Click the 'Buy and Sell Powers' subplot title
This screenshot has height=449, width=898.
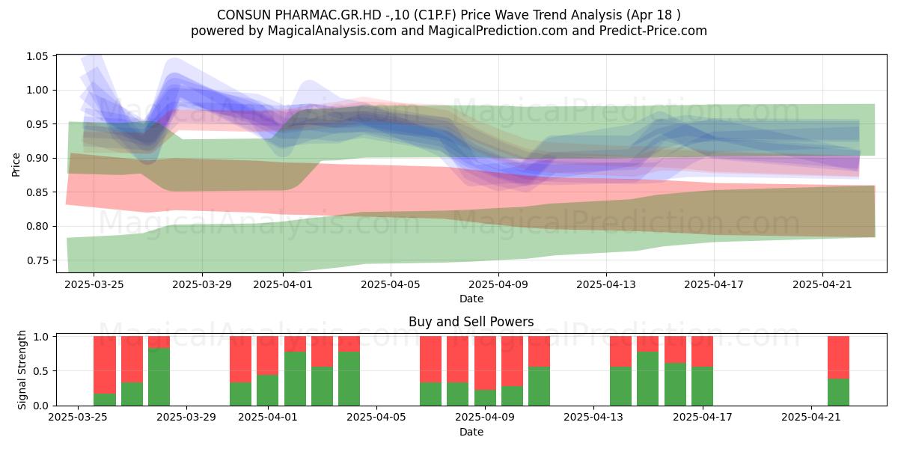(x=471, y=322)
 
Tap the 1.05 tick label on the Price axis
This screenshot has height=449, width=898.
(x=37, y=56)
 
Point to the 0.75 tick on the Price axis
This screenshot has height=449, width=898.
(x=37, y=260)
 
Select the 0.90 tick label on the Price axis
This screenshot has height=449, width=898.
(x=37, y=159)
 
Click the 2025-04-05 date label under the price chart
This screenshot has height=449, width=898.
(x=391, y=284)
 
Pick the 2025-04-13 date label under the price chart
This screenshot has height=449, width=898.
(x=606, y=284)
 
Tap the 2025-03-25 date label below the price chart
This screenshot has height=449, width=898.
(x=94, y=284)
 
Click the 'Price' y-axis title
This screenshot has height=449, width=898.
(x=16, y=165)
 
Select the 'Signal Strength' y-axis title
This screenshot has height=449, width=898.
(x=22, y=370)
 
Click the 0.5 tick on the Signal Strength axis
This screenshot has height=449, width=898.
(x=41, y=371)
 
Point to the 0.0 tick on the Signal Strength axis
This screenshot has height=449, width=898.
(x=41, y=406)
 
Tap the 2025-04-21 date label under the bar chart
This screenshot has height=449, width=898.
(x=811, y=418)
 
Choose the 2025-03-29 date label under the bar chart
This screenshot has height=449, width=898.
(x=186, y=418)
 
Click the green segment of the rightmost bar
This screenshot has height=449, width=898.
(x=839, y=392)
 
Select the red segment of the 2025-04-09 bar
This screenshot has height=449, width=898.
(x=485, y=363)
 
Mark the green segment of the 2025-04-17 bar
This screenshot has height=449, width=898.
(x=703, y=386)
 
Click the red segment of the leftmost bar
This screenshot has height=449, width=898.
(x=105, y=365)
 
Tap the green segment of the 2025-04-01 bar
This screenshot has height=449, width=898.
(x=268, y=390)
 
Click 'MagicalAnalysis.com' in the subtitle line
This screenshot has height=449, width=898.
(x=332, y=31)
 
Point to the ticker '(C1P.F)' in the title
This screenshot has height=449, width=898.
(x=435, y=15)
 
